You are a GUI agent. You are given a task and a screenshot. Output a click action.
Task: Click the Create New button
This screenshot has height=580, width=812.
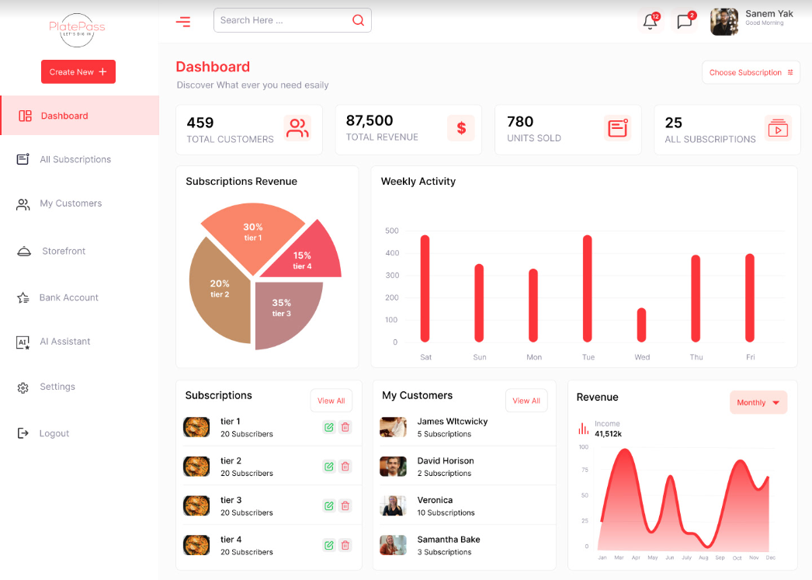click(x=78, y=72)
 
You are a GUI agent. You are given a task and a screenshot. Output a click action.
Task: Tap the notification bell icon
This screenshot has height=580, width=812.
click(x=650, y=22)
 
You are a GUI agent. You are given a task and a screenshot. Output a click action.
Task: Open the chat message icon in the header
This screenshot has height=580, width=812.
click(x=684, y=22)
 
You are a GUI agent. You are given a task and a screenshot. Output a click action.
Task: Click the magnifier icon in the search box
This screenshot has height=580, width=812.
click(x=358, y=20)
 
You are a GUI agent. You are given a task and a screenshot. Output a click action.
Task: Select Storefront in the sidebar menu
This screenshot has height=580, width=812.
click(x=64, y=251)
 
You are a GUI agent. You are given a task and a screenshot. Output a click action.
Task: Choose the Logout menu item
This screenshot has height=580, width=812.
click(x=54, y=433)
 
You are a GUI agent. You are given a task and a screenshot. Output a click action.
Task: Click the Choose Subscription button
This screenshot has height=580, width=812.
click(x=751, y=72)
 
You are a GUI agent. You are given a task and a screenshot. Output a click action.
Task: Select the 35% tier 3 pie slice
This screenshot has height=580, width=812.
click(x=287, y=311)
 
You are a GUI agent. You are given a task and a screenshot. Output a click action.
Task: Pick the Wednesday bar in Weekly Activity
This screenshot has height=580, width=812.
click(x=641, y=325)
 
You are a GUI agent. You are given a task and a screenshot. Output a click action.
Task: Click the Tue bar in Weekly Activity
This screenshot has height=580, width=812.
click(x=587, y=288)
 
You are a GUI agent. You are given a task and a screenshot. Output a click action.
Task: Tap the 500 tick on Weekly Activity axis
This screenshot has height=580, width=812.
click(x=391, y=231)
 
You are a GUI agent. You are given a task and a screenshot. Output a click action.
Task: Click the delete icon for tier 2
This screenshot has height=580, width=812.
click(x=345, y=467)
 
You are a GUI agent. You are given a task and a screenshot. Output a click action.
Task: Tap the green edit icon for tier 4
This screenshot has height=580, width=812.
click(x=329, y=545)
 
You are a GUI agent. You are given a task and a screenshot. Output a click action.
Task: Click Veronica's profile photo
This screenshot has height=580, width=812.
click(x=393, y=505)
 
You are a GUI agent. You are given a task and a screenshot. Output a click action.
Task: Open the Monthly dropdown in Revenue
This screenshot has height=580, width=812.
click(x=758, y=402)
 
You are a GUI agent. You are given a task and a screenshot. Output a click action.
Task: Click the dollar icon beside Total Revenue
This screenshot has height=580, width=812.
click(x=461, y=128)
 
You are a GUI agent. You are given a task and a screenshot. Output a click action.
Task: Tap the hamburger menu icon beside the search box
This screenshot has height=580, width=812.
click(x=183, y=22)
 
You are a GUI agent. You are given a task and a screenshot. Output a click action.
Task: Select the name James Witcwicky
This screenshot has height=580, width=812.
click(x=453, y=422)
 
